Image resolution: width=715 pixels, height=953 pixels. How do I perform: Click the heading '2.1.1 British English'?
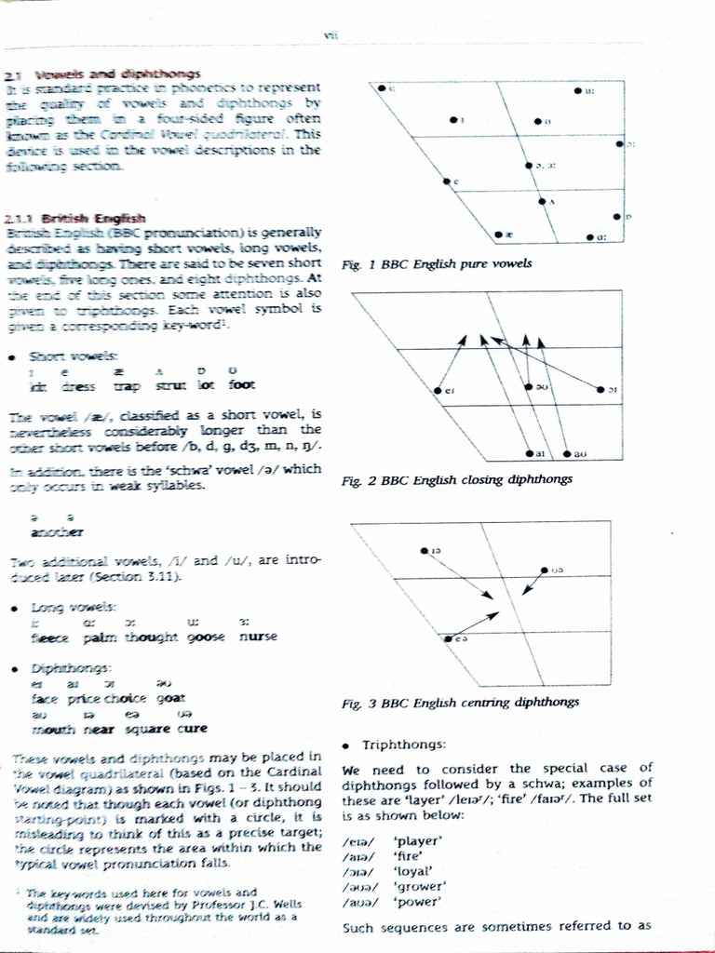(57, 217)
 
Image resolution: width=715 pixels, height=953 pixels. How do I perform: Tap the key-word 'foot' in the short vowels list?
(241, 384)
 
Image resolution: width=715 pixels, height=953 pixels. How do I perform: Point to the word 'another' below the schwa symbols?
(57, 531)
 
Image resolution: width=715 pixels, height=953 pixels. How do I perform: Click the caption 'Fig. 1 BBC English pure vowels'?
(437, 263)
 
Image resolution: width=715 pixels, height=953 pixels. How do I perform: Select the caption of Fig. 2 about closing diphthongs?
(456, 479)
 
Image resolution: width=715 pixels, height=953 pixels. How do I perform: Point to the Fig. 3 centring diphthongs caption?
(460, 702)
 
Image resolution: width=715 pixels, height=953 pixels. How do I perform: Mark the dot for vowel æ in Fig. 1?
(497, 234)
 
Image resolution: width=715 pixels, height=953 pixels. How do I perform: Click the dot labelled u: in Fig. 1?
(577, 90)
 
